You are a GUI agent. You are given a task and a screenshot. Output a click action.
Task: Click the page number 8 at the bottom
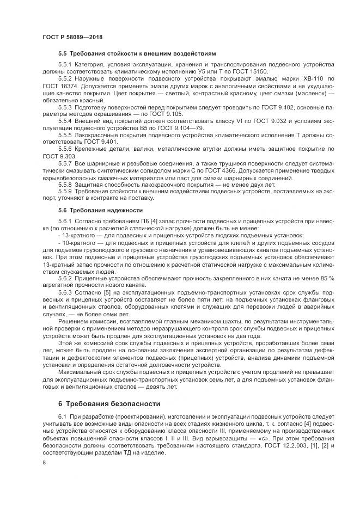point(44,462)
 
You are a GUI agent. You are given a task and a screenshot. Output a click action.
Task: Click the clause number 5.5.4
point(65,121)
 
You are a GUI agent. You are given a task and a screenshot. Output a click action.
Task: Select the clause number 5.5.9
point(65,192)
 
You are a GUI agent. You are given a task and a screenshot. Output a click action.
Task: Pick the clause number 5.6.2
point(65,278)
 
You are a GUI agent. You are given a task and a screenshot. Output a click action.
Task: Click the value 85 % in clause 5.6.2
point(326,278)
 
